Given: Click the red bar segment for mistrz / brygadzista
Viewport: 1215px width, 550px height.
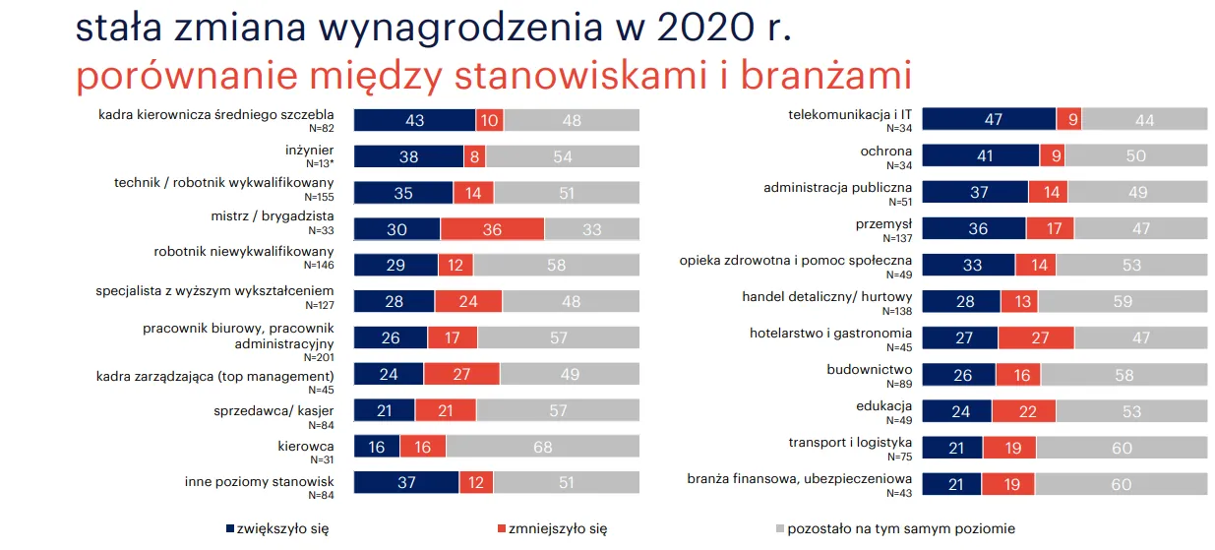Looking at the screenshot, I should pos(492,229).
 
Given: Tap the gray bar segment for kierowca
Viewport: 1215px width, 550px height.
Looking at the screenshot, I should pos(542,447).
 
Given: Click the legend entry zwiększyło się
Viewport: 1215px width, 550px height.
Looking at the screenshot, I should pos(275,528).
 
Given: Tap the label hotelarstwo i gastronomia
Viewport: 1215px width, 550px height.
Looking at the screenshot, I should pos(830,333).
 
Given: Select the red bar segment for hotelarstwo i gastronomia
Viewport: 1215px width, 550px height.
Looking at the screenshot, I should pos(1036,338).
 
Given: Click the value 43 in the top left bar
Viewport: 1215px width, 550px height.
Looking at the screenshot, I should pos(414,120).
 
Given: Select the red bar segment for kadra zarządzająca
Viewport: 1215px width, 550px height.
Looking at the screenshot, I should pos(461,373).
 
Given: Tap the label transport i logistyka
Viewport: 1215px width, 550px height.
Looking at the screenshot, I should pos(850,442).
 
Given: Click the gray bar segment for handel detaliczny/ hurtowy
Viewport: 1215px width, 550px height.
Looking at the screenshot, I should pos(1123,302).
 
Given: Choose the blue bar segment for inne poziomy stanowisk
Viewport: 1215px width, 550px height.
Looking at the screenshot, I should pos(405,483).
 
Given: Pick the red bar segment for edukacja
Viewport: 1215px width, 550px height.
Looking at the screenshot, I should pos(1023,411).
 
